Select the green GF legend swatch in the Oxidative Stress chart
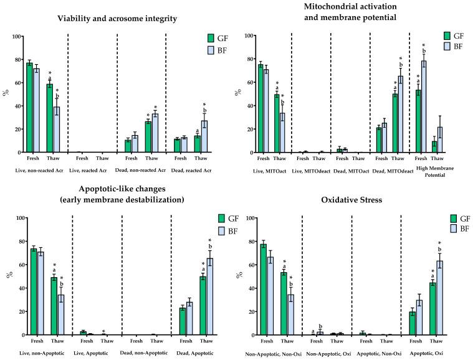455,219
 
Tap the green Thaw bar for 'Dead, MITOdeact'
395,123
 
